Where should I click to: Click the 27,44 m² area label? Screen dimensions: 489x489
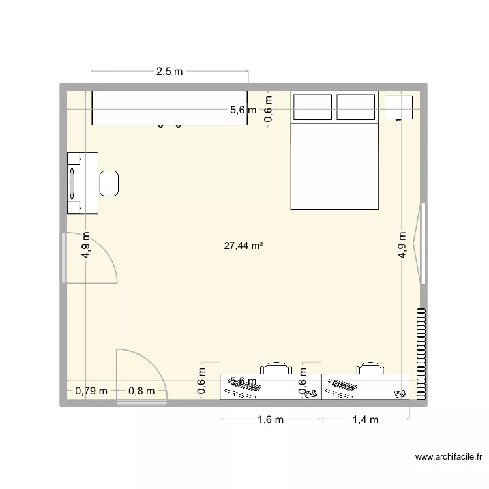coord(243,246)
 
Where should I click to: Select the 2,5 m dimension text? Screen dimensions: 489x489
coord(169,72)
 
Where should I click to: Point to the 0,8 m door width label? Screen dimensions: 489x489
coord(141,391)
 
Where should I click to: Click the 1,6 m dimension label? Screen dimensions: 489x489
coord(270,420)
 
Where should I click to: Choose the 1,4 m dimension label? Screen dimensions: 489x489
coord(365,420)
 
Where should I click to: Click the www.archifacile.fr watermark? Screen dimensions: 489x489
coord(447,458)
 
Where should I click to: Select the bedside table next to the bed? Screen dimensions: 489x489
coord(398,108)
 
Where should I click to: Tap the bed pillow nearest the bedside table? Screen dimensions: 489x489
coord(356,107)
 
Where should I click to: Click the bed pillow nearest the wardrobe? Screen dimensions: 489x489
coord(313,107)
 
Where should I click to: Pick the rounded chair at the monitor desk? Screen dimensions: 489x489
coord(109,183)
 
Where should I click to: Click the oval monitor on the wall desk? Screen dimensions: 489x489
coord(72,183)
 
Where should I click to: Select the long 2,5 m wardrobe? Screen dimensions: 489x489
coord(170,108)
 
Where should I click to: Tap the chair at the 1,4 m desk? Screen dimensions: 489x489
coord(370,369)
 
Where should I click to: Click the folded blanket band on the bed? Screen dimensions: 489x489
coord(334,134)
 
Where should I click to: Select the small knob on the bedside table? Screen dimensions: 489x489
coord(398,119)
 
